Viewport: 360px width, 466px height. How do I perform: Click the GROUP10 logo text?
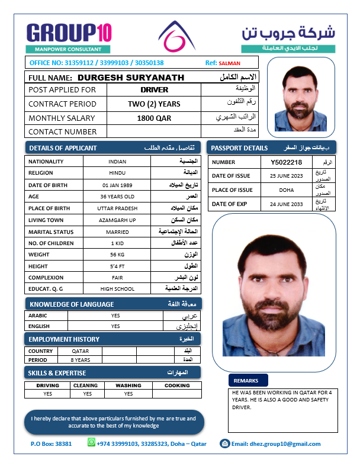click(69, 32)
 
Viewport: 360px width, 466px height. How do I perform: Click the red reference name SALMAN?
click(230, 63)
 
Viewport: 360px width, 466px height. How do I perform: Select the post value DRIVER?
click(154, 90)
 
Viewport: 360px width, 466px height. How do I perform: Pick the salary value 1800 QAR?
click(154, 118)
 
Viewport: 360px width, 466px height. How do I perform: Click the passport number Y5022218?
click(286, 162)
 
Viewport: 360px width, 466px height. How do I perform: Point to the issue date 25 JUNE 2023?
click(286, 176)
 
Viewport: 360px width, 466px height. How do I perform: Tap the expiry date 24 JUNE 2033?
click(286, 204)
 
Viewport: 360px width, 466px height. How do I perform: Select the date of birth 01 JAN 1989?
click(117, 185)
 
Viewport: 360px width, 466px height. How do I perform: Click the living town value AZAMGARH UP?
click(117, 220)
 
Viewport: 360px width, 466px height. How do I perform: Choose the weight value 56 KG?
click(117, 255)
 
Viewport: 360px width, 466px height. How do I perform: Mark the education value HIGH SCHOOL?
click(117, 289)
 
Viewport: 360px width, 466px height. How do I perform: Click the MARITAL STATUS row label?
click(51, 232)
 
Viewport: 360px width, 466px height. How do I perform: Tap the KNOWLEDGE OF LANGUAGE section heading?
click(71, 304)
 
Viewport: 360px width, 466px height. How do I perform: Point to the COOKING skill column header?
click(177, 385)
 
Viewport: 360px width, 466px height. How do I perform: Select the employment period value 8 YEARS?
click(80, 359)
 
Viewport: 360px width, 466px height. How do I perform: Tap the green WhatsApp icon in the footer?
click(91, 442)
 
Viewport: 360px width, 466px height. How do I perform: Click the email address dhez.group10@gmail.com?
click(276, 443)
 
